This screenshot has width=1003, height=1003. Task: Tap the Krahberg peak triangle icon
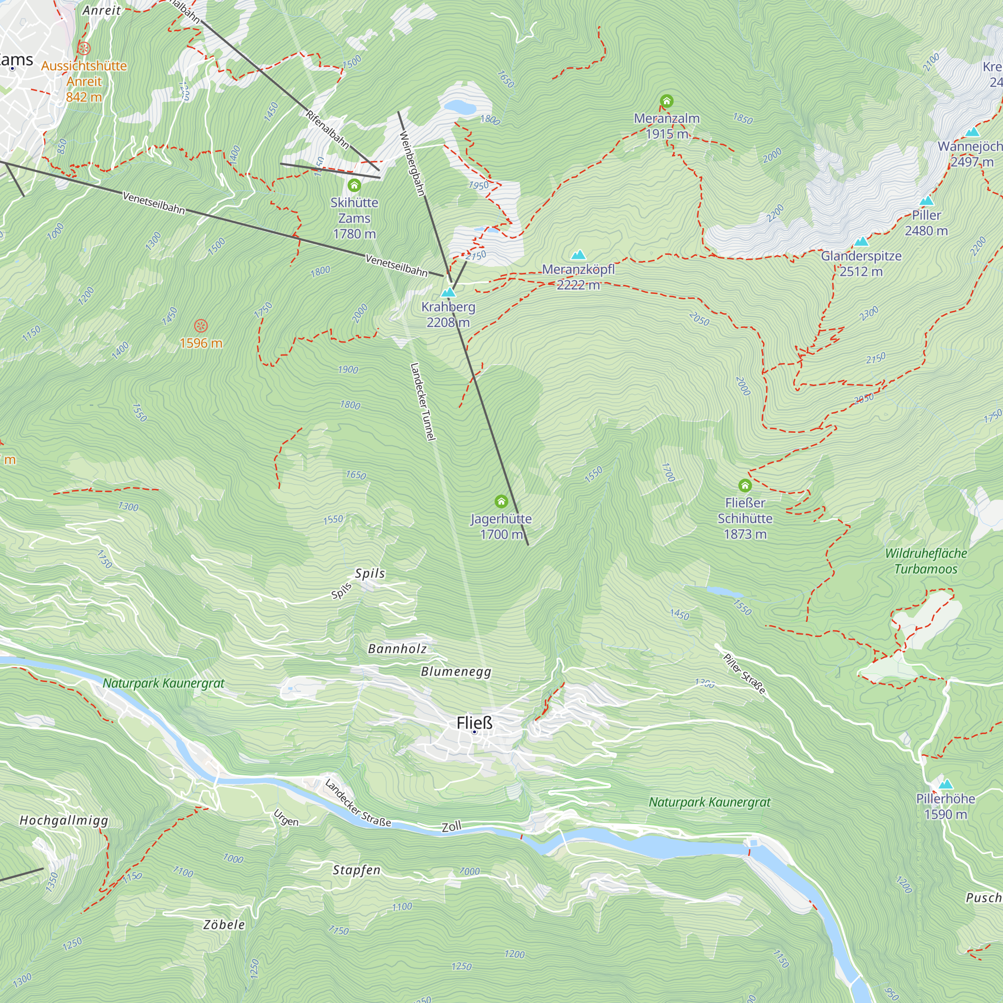(448, 292)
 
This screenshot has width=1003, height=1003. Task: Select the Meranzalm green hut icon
(666, 101)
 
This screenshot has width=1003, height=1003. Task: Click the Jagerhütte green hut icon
(501, 501)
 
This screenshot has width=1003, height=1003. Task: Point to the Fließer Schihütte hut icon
(745, 485)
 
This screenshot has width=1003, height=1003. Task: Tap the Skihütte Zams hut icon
(354, 186)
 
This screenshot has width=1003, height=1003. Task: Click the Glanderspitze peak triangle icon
(861, 241)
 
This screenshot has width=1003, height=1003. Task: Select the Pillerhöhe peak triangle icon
(945, 784)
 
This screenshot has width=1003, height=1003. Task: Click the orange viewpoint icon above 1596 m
(201, 326)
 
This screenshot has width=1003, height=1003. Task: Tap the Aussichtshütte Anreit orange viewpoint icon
(84, 49)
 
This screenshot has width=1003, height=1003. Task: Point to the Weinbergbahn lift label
(412, 164)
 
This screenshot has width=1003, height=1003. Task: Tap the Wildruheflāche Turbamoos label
(926, 561)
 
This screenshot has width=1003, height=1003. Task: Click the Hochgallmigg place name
(64, 820)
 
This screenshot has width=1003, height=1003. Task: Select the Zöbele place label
(224, 924)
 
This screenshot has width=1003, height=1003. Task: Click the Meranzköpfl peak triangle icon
(578, 255)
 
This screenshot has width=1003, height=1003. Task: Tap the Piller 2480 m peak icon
(926, 201)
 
